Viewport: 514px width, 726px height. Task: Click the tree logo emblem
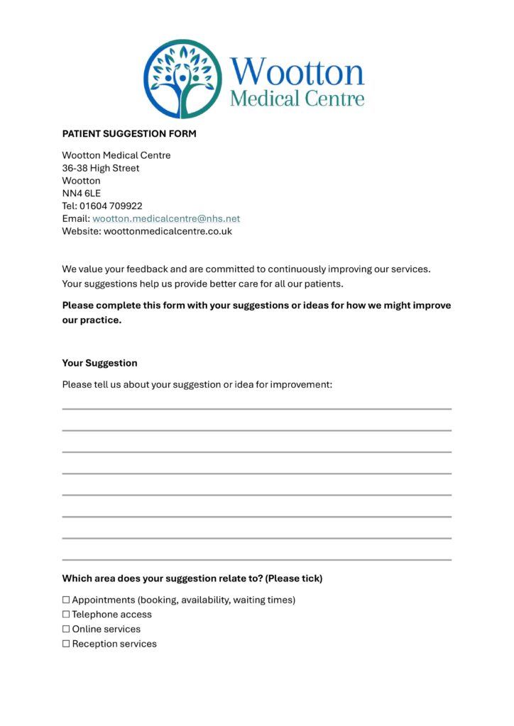pos(183,79)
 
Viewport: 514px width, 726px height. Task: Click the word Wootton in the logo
pos(297,72)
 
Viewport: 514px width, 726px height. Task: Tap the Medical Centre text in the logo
pos(297,99)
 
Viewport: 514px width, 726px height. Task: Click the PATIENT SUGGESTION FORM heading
pos(129,133)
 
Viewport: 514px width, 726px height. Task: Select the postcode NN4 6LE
pos(82,193)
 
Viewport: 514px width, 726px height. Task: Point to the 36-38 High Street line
pos(101,168)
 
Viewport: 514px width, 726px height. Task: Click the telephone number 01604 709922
pos(111,206)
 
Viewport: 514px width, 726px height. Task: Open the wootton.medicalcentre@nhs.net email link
pos(166,218)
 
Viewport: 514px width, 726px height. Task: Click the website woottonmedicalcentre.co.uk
pos(168,231)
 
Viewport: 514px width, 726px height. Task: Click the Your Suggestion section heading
pos(99,363)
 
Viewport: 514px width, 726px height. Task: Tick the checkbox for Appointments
pos(66,601)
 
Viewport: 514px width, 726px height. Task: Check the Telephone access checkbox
pos(66,615)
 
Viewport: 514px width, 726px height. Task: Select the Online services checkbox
pos(66,630)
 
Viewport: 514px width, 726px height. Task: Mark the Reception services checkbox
pos(66,644)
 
